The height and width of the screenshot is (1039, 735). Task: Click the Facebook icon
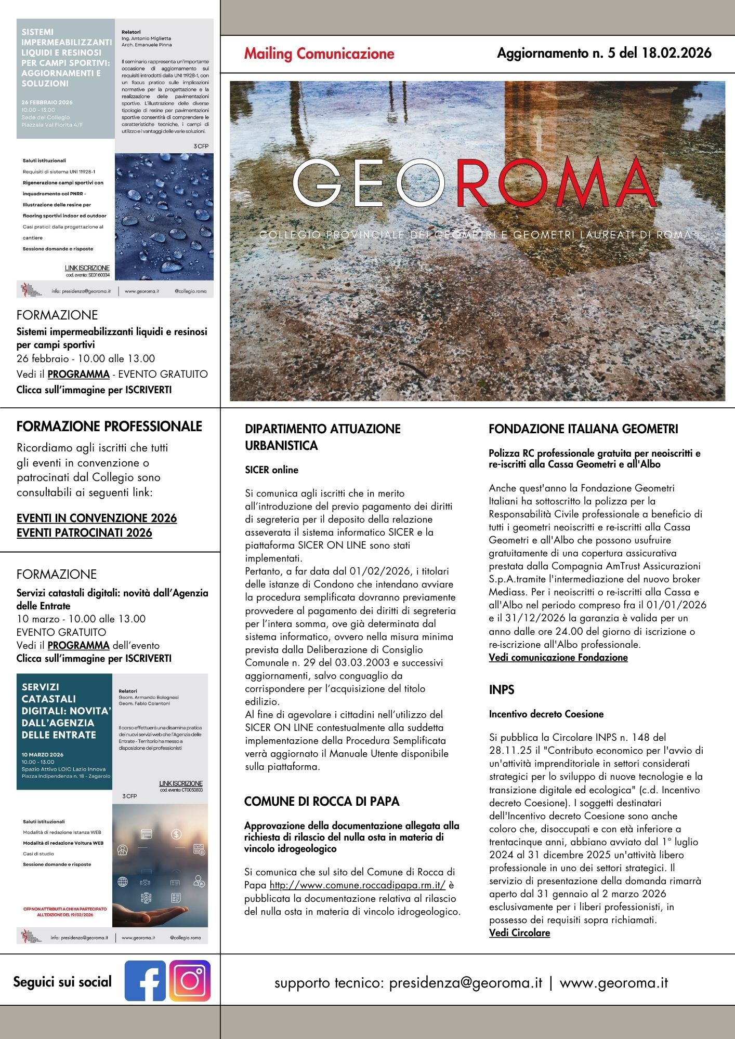tap(145, 980)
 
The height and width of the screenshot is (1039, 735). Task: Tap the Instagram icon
tap(190, 980)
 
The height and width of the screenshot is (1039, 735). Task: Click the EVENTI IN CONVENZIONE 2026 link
tap(97, 518)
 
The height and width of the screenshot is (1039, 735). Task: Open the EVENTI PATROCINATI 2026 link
tap(84, 532)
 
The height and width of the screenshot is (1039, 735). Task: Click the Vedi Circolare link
tap(519, 933)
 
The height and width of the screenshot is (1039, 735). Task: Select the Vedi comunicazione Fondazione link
tap(558, 657)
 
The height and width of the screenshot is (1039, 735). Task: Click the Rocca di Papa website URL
tap(358, 885)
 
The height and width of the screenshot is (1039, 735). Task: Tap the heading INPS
tap(501, 689)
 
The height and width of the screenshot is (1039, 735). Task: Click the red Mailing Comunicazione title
tap(319, 54)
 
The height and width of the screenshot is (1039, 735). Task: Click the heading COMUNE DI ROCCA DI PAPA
tap(322, 801)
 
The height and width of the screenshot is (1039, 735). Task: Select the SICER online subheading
tap(271, 470)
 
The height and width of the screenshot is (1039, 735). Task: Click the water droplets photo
tap(164, 217)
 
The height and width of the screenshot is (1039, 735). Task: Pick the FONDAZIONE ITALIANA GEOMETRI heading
tap(583, 429)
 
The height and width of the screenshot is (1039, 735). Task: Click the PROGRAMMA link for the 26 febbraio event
tap(78, 374)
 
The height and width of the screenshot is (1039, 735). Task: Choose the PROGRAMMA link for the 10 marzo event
tap(78, 645)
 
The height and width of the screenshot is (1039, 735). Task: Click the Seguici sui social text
tap(62, 981)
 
